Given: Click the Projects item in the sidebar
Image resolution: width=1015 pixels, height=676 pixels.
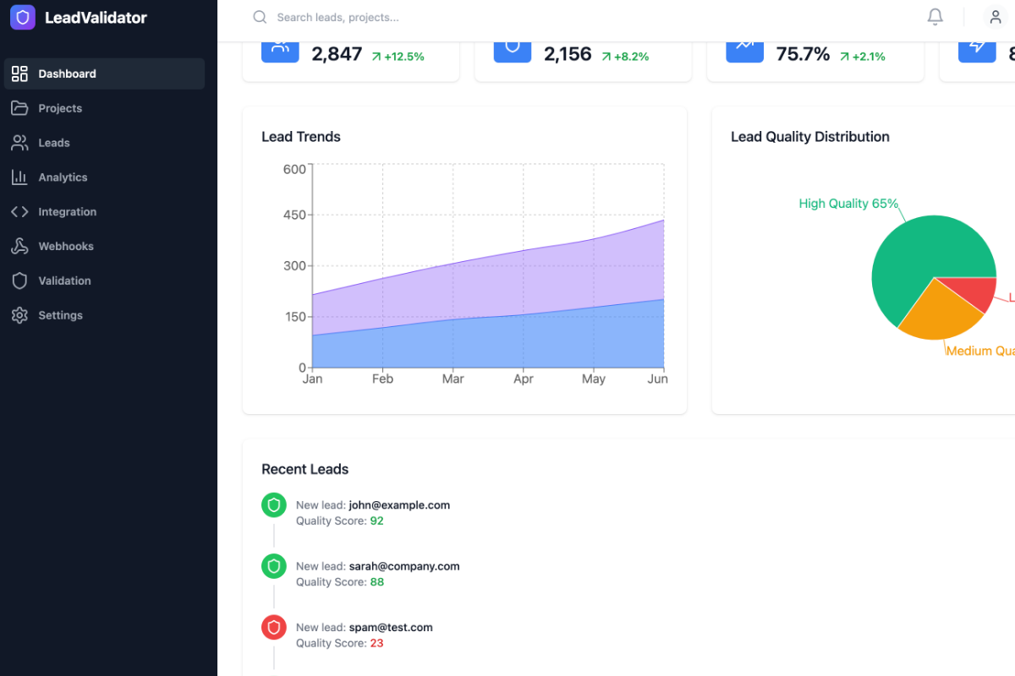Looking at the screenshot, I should [x=59, y=108].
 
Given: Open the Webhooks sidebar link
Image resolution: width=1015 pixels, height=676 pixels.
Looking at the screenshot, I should [x=65, y=247].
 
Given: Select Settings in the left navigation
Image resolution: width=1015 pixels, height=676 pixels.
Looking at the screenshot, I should [x=60, y=315].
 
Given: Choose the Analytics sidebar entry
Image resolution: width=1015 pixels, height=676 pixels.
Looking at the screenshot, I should [x=63, y=177].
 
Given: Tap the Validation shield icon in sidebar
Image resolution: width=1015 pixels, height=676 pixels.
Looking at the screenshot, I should [x=19, y=281].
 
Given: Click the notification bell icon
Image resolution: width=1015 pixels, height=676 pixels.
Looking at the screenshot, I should [x=935, y=17].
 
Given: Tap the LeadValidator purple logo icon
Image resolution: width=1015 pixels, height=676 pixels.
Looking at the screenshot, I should [x=23, y=17].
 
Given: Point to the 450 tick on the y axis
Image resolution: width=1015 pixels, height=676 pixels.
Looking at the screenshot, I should [x=294, y=215].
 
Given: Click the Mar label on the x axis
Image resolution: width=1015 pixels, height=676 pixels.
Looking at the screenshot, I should [x=453, y=379].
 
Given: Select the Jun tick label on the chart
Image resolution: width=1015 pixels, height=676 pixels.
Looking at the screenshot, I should [x=657, y=379].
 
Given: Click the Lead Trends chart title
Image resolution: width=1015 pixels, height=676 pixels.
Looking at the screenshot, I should [x=301, y=137].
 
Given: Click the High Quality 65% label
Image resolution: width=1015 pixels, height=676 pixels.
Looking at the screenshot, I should [x=848, y=204].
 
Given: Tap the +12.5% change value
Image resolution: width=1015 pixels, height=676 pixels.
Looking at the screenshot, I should [x=403, y=57].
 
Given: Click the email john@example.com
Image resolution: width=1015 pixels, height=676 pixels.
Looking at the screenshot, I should [x=399, y=505].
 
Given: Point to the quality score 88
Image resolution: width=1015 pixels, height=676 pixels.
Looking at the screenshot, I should [x=376, y=582].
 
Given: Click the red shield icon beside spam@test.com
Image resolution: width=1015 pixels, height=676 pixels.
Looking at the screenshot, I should [x=273, y=628].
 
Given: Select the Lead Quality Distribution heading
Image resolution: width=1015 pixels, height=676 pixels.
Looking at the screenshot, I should [x=809, y=137].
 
